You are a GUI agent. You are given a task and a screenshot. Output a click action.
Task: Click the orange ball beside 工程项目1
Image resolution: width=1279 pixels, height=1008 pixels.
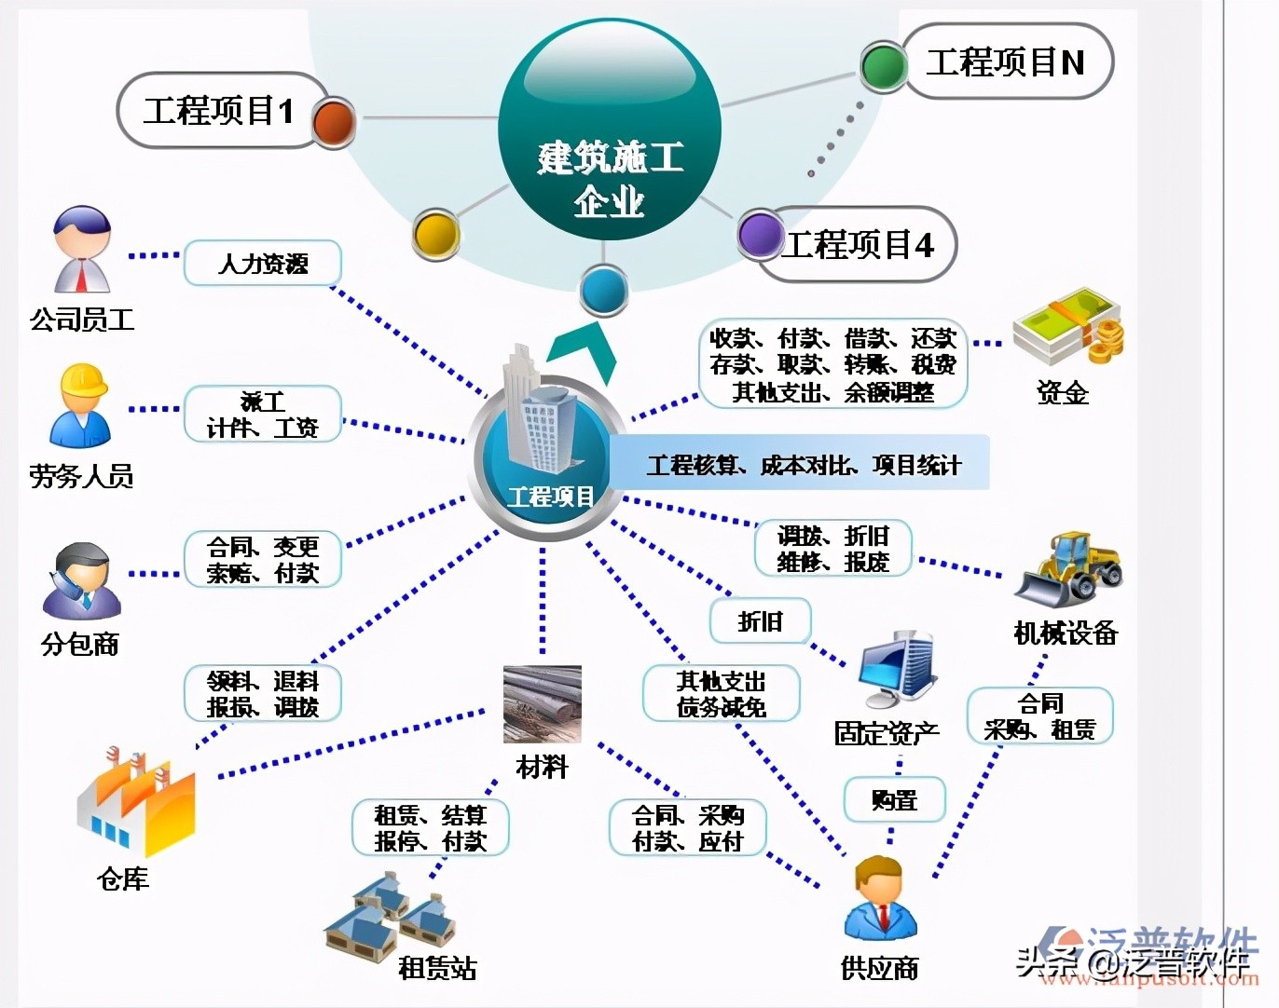[x=333, y=121]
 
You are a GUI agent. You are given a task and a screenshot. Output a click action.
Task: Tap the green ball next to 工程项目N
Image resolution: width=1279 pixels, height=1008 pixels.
[x=883, y=65]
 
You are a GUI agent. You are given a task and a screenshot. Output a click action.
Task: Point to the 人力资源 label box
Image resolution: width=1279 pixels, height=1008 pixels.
[x=263, y=264]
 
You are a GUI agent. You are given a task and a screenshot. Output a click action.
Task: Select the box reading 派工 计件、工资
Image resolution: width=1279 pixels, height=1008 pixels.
[x=263, y=415]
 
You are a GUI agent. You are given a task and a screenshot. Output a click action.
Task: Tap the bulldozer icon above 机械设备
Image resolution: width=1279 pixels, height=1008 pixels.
[x=1070, y=569]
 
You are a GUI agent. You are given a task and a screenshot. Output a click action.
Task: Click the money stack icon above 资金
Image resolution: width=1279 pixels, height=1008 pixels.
[x=1068, y=327]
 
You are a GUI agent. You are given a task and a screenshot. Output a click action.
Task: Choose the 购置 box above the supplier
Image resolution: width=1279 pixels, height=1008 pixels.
[x=895, y=800]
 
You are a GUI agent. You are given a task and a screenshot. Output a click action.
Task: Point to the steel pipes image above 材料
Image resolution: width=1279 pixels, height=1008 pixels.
[x=542, y=704]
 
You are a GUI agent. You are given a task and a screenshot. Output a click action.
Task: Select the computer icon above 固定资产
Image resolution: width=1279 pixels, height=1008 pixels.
[x=895, y=670]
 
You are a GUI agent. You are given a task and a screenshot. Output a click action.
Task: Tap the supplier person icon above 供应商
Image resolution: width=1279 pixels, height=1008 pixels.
[x=881, y=899]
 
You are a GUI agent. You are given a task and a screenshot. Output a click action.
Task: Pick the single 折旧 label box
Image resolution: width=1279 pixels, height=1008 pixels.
[x=761, y=620]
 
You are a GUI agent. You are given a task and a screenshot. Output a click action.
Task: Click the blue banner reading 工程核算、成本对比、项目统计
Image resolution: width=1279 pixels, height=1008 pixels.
[x=802, y=464]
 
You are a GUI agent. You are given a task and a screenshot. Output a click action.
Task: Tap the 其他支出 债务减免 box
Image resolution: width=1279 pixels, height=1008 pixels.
[x=722, y=694]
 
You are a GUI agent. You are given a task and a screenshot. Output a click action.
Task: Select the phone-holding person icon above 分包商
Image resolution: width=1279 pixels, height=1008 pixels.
[x=82, y=581]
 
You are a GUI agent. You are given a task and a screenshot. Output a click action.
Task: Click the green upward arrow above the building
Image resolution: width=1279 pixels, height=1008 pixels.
[x=584, y=353]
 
